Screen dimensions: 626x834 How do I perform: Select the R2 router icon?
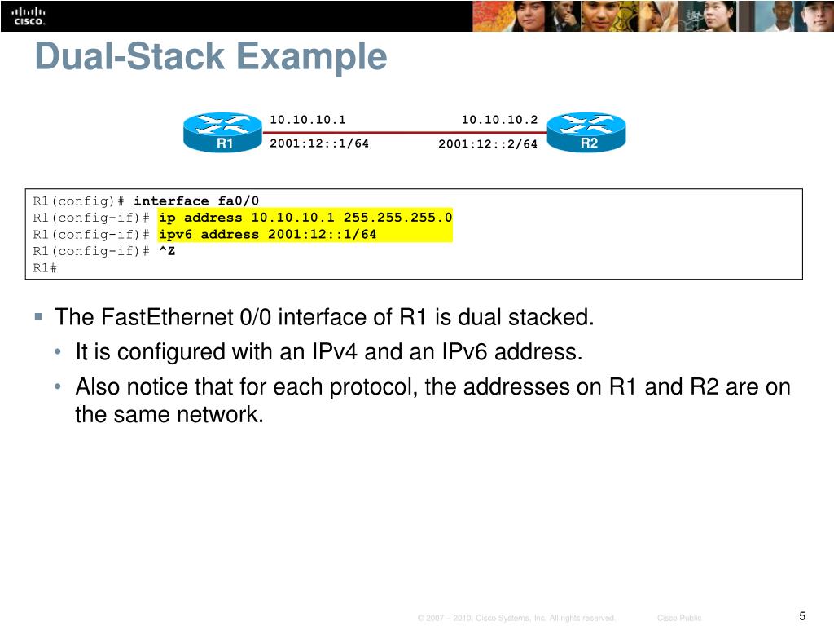[x=586, y=132]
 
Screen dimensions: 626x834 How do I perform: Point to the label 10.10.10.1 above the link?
[x=308, y=120]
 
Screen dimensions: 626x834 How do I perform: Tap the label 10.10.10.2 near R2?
[x=499, y=120]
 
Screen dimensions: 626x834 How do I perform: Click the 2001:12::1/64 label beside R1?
[x=319, y=143]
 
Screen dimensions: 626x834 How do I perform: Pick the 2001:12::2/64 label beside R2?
[x=488, y=144]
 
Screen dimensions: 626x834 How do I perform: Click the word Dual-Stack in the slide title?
[x=130, y=57]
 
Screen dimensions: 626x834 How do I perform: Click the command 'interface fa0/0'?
[x=196, y=201]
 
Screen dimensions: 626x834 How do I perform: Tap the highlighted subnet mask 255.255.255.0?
[x=397, y=218]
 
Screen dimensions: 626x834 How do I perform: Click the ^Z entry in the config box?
[x=166, y=251]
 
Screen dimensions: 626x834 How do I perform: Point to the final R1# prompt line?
[x=45, y=267]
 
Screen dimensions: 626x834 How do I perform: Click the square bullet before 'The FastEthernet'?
[x=38, y=315]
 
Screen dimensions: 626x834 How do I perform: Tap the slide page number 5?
[x=802, y=616]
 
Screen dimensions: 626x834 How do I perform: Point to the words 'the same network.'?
[x=169, y=414]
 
